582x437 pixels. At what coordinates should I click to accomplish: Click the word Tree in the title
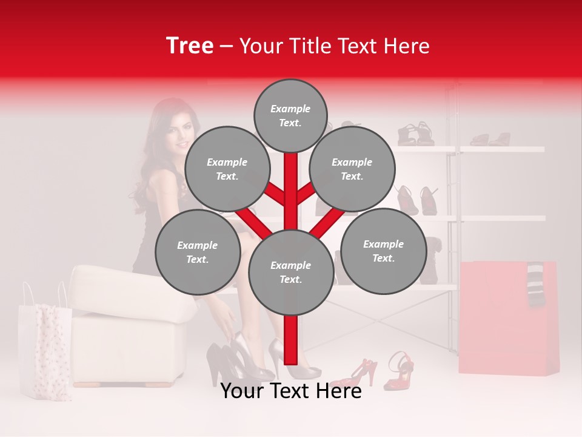click(189, 46)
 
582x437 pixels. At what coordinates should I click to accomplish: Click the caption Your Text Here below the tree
click(290, 391)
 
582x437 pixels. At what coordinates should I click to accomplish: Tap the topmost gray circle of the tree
click(290, 115)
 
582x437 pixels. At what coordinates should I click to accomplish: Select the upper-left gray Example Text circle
click(227, 169)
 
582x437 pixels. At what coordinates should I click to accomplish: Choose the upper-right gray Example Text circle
click(352, 169)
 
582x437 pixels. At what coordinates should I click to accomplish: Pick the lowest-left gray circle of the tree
click(197, 252)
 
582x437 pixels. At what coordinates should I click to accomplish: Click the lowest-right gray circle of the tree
click(383, 251)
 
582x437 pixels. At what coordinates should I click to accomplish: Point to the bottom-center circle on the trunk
click(290, 272)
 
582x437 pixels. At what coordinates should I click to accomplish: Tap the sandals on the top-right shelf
click(491, 140)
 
